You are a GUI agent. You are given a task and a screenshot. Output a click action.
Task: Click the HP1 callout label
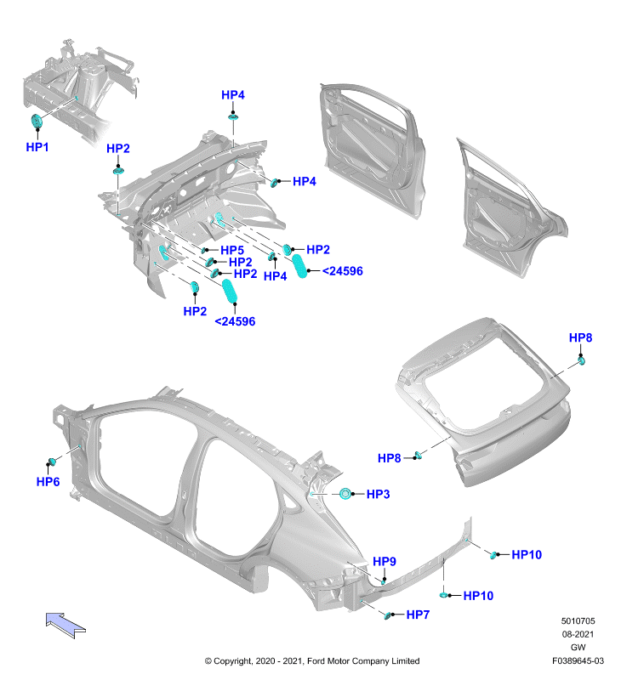[x=37, y=147]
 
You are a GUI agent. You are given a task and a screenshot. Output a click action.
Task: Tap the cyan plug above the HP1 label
[x=36, y=120]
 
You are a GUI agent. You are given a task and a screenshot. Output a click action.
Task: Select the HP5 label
[x=232, y=250]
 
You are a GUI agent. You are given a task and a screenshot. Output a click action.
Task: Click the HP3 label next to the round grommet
[x=378, y=494]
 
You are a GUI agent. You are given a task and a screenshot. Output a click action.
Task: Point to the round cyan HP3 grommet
[x=345, y=494]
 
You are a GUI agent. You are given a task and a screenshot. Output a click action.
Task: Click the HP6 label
[x=48, y=481]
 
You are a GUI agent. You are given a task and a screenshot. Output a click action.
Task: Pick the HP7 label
[x=418, y=615]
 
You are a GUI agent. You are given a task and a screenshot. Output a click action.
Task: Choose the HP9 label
[x=385, y=561]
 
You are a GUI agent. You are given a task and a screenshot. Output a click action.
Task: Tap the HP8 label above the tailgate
[x=581, y=337]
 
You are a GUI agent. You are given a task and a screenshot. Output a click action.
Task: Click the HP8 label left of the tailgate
[x=390, y=458]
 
